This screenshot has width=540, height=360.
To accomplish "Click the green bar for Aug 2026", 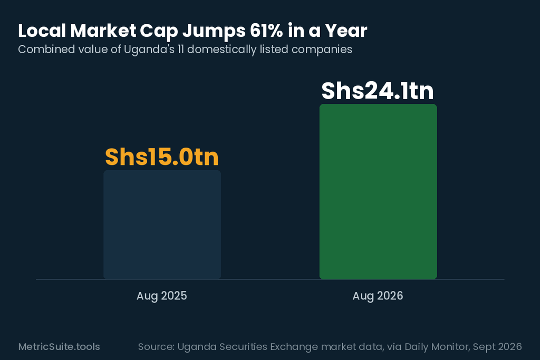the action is click(378, 191).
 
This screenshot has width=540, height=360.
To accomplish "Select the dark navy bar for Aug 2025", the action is click(162, 225).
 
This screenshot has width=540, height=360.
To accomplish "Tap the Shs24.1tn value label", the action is click(378, 91).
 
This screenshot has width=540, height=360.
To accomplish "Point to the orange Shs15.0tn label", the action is click(162, 157).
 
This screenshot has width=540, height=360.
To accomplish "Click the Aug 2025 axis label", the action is click(161, 296).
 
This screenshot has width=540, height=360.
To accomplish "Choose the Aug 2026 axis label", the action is click(378, 296).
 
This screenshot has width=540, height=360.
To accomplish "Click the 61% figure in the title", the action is click(266, 31).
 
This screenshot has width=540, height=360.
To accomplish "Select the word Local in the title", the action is click(42, 31).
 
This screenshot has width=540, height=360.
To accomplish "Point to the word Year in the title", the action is click(346, 31).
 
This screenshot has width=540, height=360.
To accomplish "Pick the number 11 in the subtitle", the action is click(180, 50).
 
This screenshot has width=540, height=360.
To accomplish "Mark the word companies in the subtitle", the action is click(322, 50).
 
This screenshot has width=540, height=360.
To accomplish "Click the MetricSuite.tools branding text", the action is click(59, 347).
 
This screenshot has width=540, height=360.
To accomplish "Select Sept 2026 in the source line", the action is click(497, 347).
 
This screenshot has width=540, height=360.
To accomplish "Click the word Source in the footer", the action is click(155, 347).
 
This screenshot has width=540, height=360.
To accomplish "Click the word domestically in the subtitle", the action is click(222, 50).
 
